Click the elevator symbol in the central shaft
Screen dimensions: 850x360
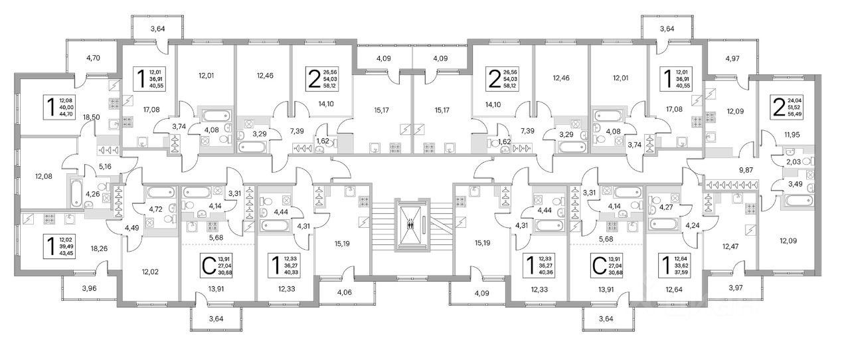(x=414, y=224)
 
